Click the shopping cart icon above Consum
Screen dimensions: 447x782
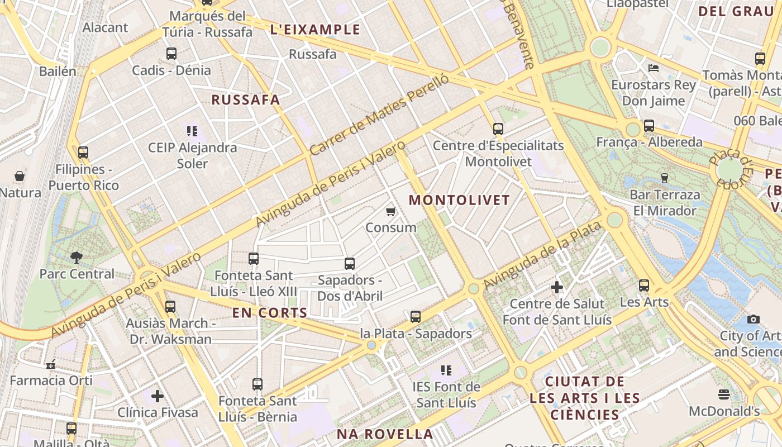pos(391,211)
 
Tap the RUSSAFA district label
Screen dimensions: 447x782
pos(246,100)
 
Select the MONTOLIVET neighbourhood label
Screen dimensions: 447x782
pos(460,200)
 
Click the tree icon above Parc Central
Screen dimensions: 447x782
pos(77,258)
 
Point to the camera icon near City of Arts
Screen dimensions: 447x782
pos(754,319)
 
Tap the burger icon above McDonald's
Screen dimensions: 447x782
pos(724,394)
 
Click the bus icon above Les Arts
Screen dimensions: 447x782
pos(644,286)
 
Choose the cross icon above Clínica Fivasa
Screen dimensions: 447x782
pos(158,396)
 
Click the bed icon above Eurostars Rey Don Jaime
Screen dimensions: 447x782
pos(654,68)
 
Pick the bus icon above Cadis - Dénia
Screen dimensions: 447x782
pos(171,54)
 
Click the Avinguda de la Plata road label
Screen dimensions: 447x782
pos(542,255)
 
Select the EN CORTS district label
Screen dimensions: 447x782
pos(270,313)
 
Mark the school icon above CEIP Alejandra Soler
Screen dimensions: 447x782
pos(192,131)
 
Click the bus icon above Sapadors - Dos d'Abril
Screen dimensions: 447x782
pos(350,263)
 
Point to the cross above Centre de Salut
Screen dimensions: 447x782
pos(557,287)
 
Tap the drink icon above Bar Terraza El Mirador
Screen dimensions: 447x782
pos(665,178)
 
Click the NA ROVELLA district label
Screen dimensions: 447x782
pos(384,434)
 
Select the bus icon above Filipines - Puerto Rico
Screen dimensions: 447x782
pos(83,152)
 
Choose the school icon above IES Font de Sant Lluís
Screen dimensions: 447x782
pos(446,370)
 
